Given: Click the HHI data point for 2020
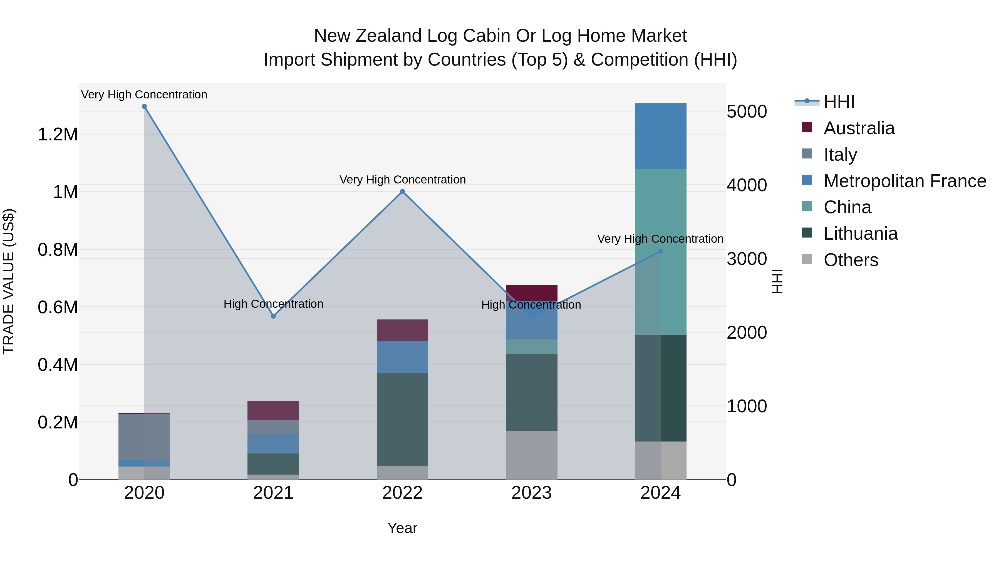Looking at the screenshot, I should (144, 106).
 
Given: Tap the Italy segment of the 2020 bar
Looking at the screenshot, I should (144, 437).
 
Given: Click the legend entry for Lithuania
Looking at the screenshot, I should (860, 234).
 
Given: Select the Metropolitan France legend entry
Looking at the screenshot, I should (905, 181).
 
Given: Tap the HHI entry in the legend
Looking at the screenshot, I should (839, 102).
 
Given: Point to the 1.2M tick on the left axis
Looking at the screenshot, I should (58, 135).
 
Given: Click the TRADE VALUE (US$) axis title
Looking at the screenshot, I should (9, 281).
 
